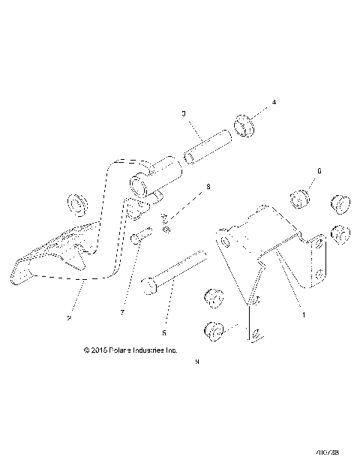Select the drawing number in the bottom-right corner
click(x=328, y=452)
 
